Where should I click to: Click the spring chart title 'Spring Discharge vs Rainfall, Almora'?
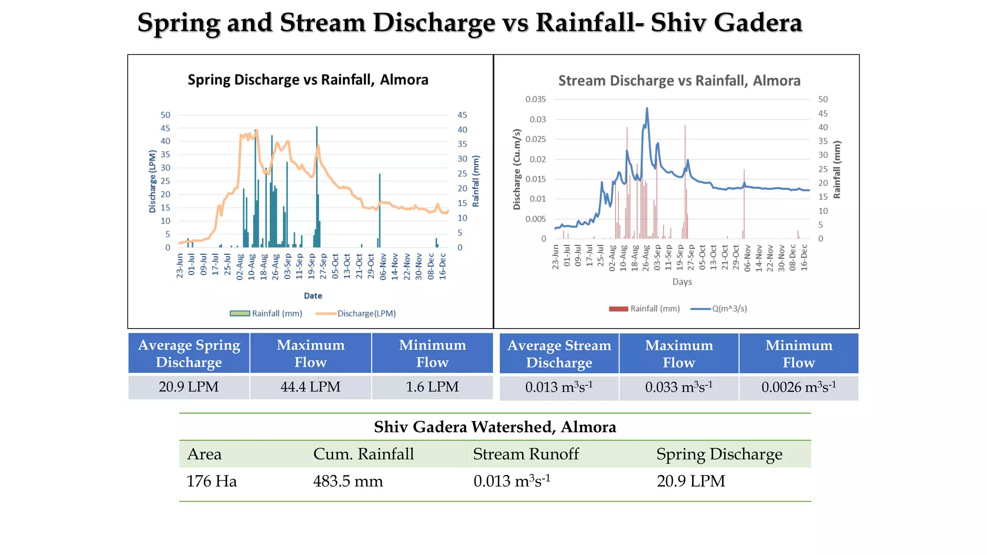coord(308,79)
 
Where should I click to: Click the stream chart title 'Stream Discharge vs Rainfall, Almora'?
coord(679,80)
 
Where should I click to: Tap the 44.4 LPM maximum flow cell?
coord(310,387)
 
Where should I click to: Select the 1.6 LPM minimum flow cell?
coord(432,387)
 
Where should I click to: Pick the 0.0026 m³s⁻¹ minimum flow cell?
coord(799,387)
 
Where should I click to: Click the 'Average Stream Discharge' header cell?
coord(559,354)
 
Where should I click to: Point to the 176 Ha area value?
coord(212,481)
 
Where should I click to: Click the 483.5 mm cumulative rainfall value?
coord(348,481)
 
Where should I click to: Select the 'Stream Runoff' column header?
coord(526,454)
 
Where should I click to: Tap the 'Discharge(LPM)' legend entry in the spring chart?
coord(366,314)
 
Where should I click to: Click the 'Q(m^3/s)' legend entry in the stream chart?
coord(729,309)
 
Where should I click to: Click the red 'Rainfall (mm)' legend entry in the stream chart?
coord(654,309)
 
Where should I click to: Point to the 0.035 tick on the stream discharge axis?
coord(535,99)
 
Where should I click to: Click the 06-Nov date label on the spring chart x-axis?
coord(383,266)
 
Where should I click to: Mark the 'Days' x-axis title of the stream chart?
coord(682,282)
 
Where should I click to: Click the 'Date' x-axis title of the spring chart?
coord(313,296)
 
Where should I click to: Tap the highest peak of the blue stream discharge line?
coord(647,108)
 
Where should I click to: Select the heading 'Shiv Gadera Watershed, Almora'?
coord(495,427)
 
